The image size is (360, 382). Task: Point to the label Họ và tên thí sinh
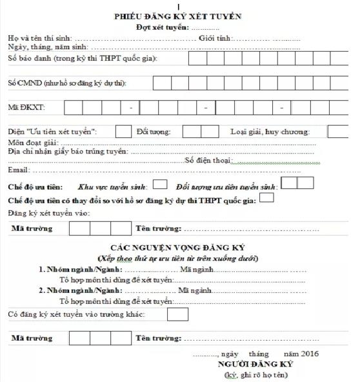pos(39,39)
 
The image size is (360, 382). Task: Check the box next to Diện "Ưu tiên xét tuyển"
pos(123,131)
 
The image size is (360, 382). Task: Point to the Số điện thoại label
pos(208,161)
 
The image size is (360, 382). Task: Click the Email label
pos(19,170)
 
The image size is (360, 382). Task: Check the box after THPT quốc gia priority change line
pos(266,198)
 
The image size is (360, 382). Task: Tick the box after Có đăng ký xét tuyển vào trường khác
pos(177,314)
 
